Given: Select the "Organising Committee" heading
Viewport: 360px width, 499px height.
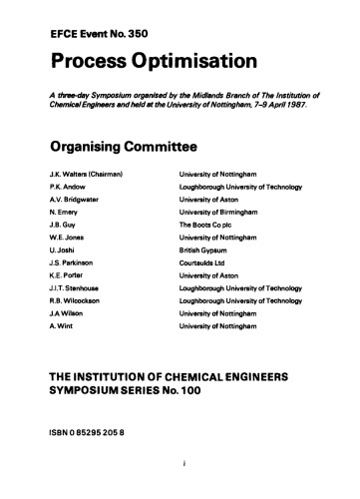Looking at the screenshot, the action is click(118, 149).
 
